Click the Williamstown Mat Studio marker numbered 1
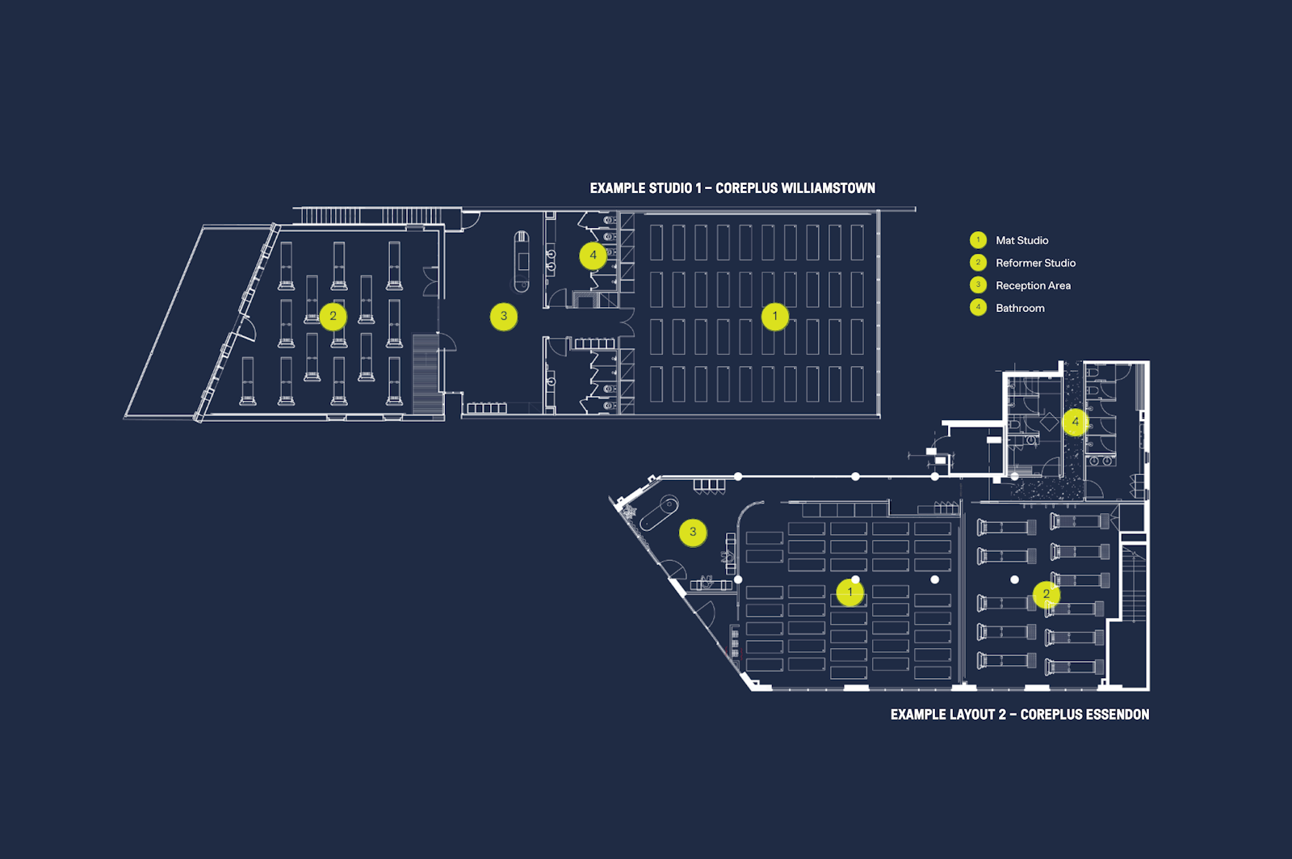774,316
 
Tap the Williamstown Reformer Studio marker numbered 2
333,316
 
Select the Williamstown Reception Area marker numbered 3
504,316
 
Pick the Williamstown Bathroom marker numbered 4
593,255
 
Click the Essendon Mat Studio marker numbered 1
849,592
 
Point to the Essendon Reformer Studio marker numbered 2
1047,594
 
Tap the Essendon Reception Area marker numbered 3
693,533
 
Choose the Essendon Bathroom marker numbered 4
1075,422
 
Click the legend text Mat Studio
1022,240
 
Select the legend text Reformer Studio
1035,263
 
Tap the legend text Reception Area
1033,286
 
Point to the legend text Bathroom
1020,308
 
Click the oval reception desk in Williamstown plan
522,262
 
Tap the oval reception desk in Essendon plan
659,512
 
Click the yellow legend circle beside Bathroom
978,308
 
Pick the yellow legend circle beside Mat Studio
978,239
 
